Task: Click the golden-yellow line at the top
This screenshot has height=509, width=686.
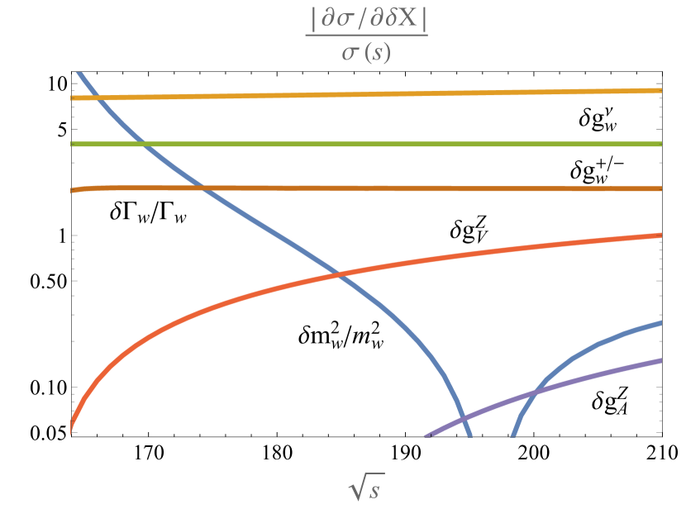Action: coord(372,93)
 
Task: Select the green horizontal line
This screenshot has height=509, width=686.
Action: coord(372,144)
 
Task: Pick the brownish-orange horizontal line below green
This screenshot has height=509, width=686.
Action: coord(372,188)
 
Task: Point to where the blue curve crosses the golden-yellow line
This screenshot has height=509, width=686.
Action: coord(95,98)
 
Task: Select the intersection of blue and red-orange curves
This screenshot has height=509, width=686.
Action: coord(338,274)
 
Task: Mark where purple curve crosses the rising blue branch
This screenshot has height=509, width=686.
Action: coord(529,394)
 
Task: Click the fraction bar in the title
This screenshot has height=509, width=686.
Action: coord(366,36)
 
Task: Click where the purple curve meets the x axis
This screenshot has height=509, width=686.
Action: coord(425,435)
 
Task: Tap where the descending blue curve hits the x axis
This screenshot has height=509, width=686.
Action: coord(469,435)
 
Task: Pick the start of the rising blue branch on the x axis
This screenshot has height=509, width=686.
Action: coord(512,435)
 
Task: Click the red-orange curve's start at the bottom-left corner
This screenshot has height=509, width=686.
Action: coord(72,431)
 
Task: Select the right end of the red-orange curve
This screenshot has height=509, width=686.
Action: coord(660,235)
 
